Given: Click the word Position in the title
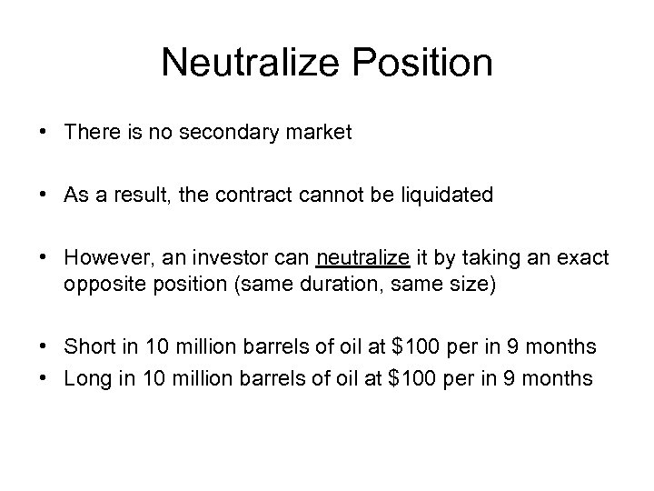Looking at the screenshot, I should pyautogui.click(x=420, y=64).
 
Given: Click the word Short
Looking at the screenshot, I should pyautogui.click(x=86, y=347).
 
